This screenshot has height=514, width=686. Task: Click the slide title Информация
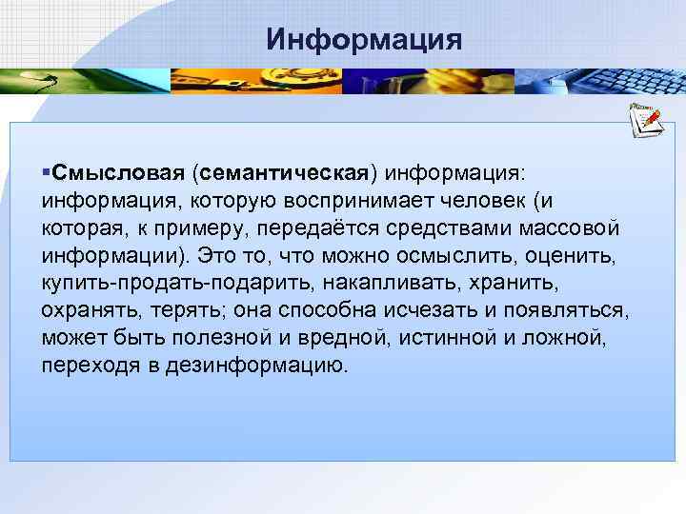coord(364,39)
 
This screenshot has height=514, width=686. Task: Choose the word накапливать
coord(379,284)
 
